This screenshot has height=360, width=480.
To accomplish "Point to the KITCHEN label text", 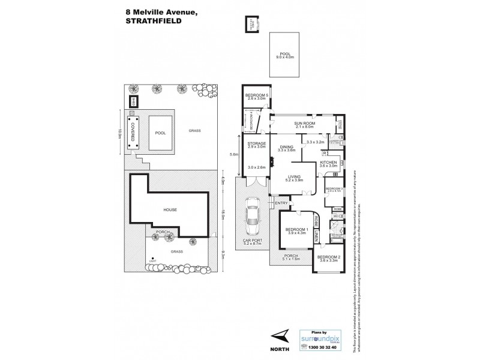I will (329, 163).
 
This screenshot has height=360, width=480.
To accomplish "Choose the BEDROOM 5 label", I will (257, 95).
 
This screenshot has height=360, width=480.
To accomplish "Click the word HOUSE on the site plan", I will (170, 209).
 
